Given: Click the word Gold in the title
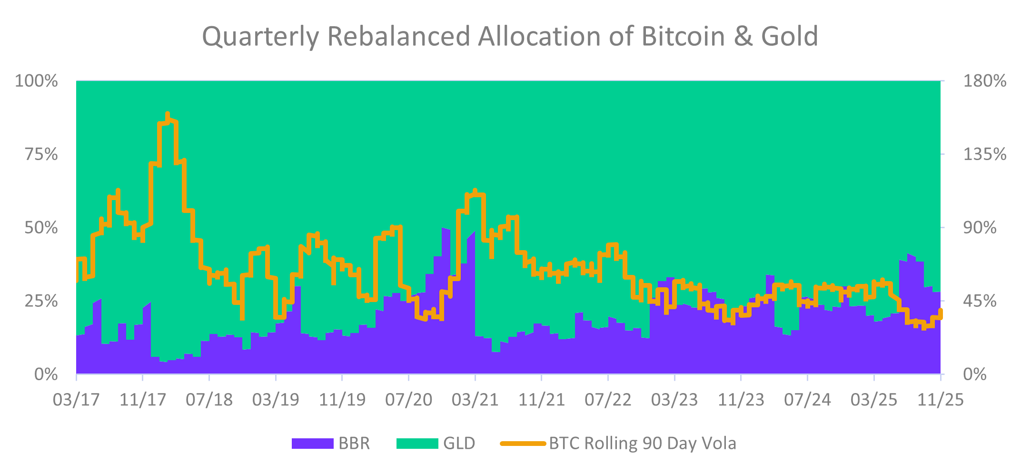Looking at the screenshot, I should tap(789, 36).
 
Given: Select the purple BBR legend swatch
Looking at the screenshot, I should tap(312, 444).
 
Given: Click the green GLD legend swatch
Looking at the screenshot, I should tap(417, 444).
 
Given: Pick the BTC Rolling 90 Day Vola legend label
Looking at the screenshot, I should tap(642, 444).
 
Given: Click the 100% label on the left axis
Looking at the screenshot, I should tap(37, 81).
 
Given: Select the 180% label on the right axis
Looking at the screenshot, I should tap(984, 81).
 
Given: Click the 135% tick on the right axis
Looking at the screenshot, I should tap(984, 154).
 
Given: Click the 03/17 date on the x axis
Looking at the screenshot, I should tap(76, 400).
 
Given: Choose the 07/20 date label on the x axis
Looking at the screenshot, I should tap(408, 400).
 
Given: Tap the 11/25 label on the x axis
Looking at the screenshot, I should tap(940, 400).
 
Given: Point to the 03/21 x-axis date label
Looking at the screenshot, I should tap(475, 400).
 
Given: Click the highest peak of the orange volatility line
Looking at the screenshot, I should tap(168, 114).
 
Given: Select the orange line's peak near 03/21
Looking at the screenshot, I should tap(475, 191).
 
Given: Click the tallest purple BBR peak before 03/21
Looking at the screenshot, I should tap(444, 229).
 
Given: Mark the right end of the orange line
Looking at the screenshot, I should tap(941, 311).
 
